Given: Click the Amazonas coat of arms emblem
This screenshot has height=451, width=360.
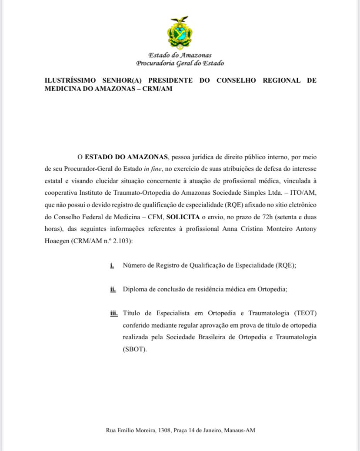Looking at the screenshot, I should (x=180, y=33).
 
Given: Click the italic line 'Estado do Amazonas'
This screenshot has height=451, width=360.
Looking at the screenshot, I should (x=180, y=55).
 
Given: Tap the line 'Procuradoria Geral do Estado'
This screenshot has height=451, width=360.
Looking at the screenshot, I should (x=180, y=63).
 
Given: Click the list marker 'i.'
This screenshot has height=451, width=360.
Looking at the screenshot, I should (x=112, y=265).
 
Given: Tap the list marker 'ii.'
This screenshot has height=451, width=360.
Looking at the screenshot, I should (x=113, y=289).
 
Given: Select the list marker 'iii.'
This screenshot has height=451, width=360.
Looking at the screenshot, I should (x=114, y=313).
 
